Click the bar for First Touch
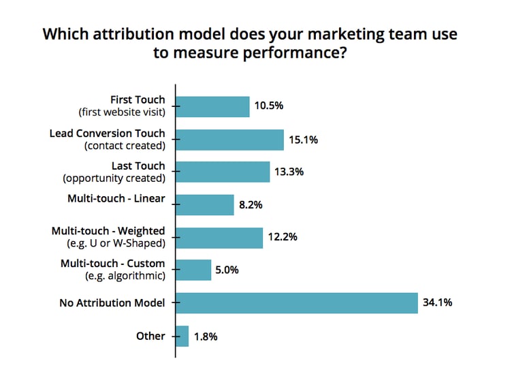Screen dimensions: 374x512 (212, 106)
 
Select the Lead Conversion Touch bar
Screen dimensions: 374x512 (229, 140)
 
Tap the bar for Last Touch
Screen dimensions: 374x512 (223, 172)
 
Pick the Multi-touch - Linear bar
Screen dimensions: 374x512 (204, 204)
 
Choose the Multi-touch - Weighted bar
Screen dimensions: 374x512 (219, 238)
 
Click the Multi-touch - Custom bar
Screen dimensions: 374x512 (193, 270)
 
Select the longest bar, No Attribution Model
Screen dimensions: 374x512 (296, 302)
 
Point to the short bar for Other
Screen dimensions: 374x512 (182, 336)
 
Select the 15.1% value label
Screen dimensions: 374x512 (304, 140)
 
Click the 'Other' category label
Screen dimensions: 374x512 (150, 336)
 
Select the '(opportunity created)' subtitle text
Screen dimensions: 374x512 (114, 178)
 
